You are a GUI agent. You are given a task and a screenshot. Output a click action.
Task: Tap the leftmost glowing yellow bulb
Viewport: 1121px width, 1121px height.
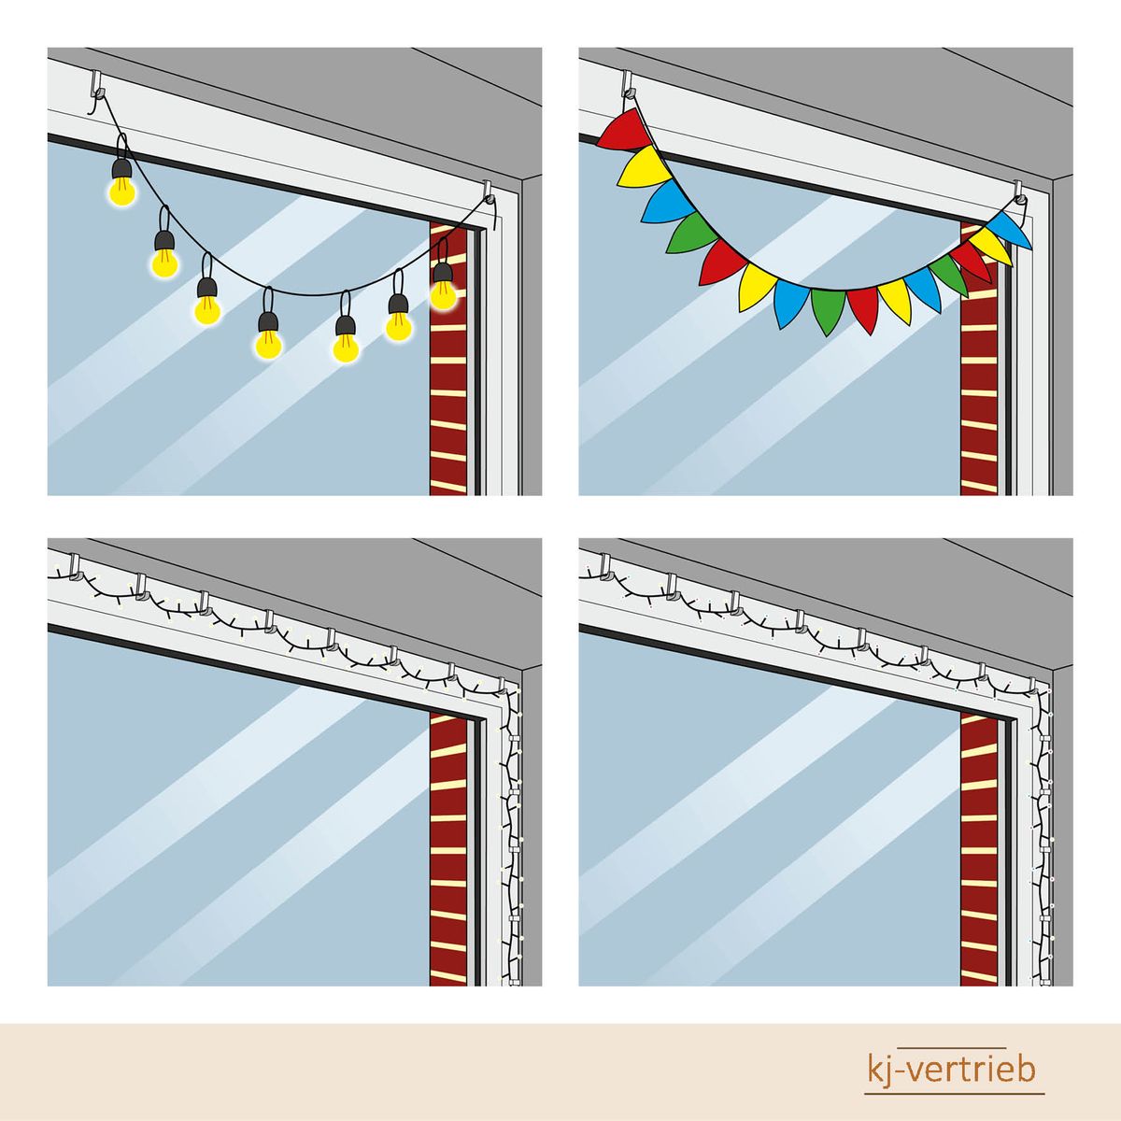121,189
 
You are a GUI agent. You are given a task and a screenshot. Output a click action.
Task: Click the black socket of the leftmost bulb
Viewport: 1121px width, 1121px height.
121,168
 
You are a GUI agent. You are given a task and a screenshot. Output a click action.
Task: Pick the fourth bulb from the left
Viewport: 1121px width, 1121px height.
268,345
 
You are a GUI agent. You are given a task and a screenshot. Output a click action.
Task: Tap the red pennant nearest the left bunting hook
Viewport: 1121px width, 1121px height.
623,130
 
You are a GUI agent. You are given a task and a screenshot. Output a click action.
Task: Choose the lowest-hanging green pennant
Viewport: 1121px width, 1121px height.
828,310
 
